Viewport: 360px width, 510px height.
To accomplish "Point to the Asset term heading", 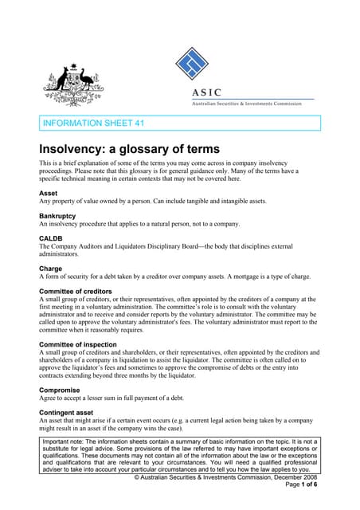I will tap(49, 194).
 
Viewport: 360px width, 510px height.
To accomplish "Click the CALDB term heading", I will tap(53, 238).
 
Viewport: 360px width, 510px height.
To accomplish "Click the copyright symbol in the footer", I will tap(136, 477).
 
